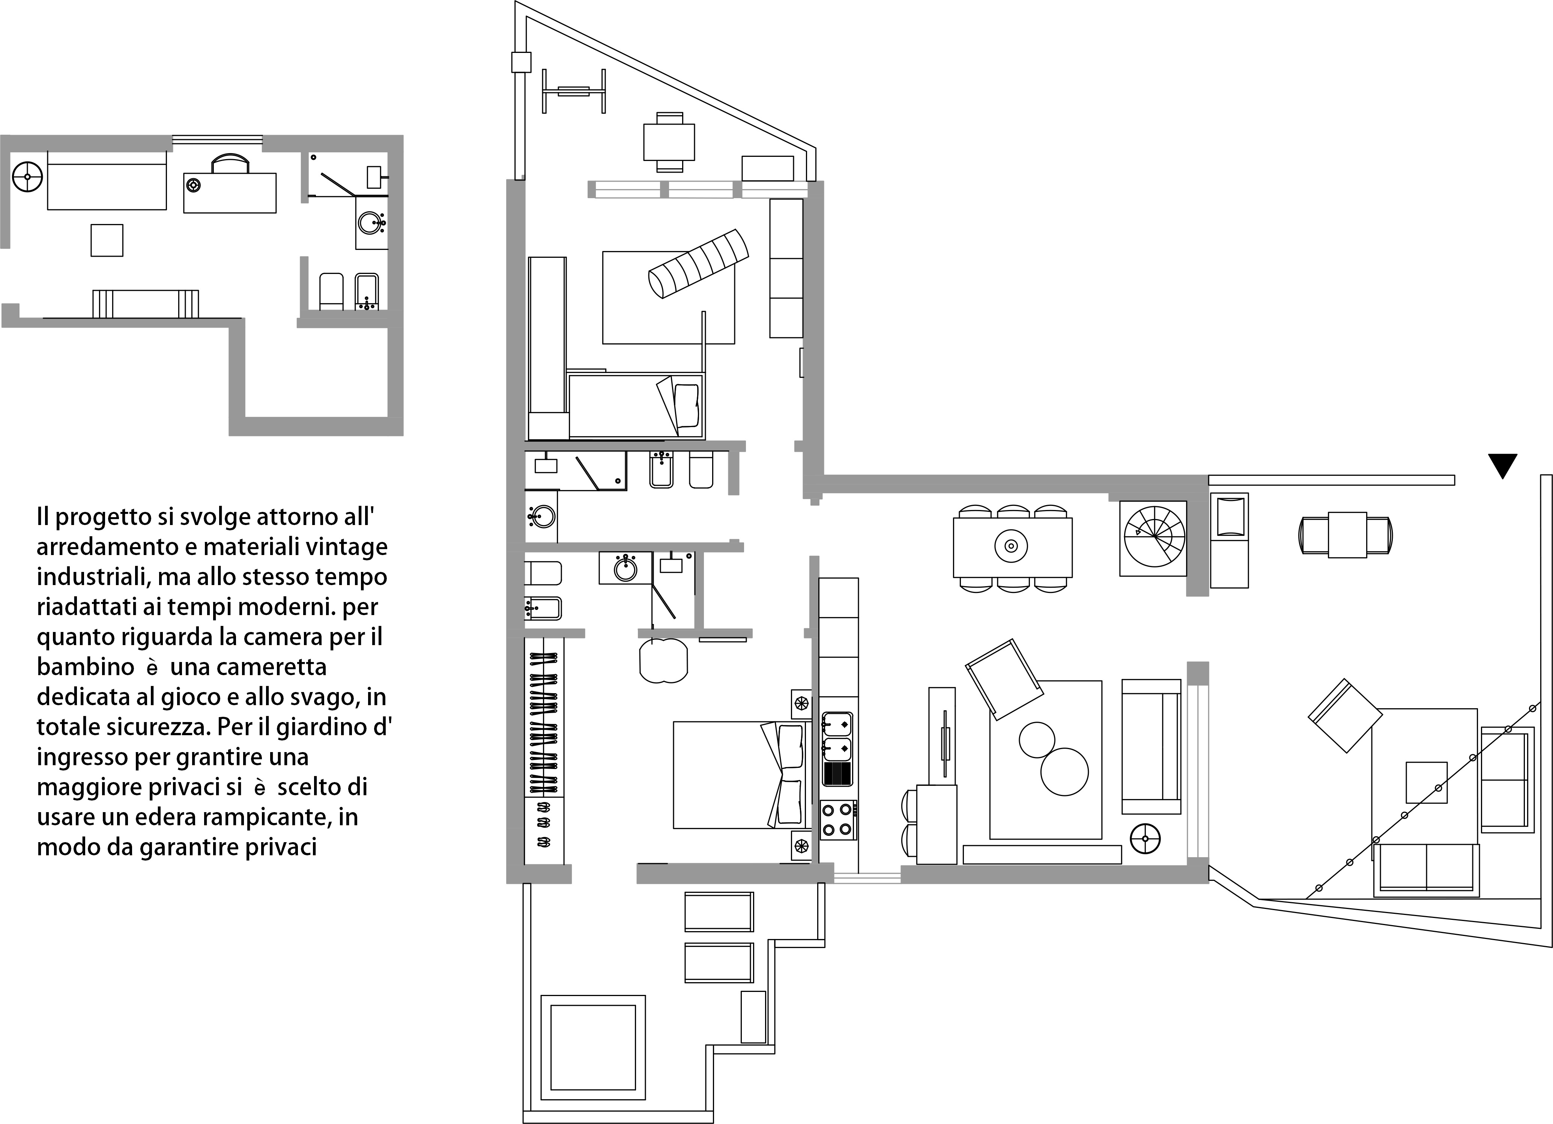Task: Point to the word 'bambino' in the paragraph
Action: click(86, 667)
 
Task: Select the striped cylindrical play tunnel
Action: click(698, 264)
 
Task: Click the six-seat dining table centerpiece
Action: click(1011, 546)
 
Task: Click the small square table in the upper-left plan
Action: click(107, 241)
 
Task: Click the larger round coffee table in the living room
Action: click(1064, 771)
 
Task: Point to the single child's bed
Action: click(636, 405)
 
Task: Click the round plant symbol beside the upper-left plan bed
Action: click(27, 177)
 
